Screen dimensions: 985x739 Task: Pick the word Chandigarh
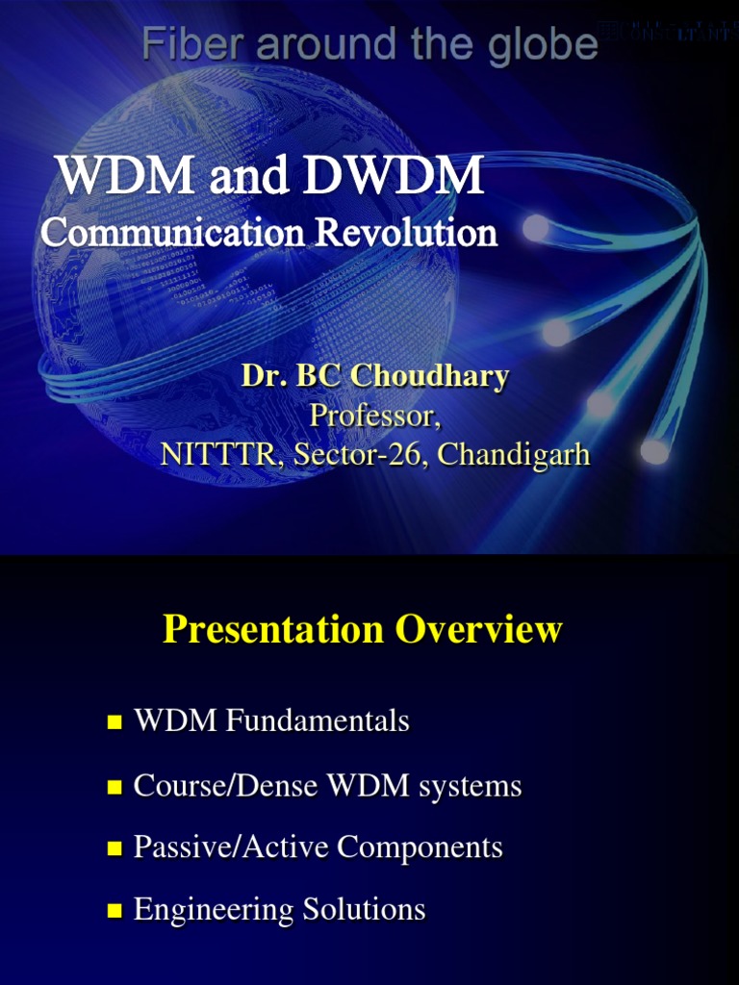click(514, 454)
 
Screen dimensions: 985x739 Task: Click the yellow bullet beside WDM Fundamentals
click(115, 722)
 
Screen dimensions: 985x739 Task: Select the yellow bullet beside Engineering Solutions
click(115, 911)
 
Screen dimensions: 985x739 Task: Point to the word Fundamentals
click(318, 720)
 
